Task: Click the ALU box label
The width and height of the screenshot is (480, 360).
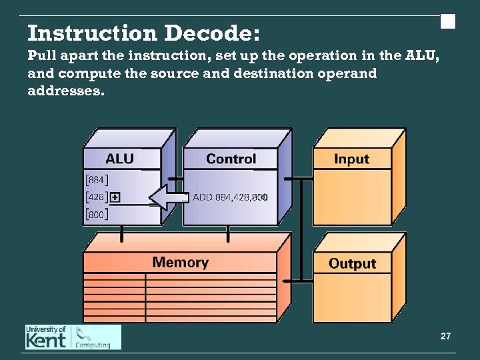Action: point(119,159)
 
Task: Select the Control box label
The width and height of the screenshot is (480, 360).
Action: point(231,159)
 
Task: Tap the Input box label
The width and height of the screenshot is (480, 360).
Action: point(351,159)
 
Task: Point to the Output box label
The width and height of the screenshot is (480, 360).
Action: point(352,263)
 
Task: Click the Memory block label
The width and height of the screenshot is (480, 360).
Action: point(180,262)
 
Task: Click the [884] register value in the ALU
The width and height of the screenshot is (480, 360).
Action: point(97,179)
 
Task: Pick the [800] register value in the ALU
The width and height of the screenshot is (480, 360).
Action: point(97,215)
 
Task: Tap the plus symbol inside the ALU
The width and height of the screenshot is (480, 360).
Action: point(115,197)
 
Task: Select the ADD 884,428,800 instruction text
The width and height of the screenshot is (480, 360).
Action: point(230,197)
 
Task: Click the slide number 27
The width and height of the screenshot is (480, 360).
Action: point(446,337)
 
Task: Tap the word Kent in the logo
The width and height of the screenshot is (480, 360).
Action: point(47,341)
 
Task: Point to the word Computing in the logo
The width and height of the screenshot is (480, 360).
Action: point(93,345)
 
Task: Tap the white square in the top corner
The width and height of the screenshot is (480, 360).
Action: point(448,22)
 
